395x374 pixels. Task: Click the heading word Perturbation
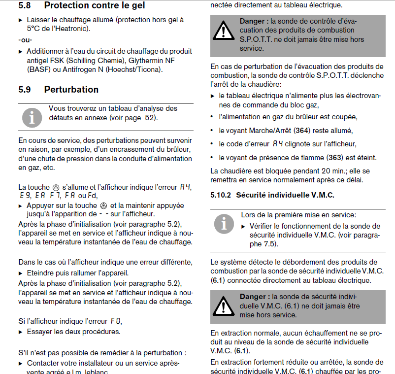click(x=71, y=89)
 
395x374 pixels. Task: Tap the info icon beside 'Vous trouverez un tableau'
click(x=32, y=117)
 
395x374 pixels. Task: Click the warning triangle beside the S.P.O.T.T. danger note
click(x=224, y=32)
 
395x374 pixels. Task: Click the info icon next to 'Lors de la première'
click(x=224, y=224)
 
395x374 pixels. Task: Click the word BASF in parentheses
click(x=39, y=69)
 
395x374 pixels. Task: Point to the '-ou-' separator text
click(x=25, y=40)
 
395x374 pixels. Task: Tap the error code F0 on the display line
click(x=115, y=321)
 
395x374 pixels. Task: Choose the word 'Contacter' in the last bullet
click(x=43, y=363)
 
